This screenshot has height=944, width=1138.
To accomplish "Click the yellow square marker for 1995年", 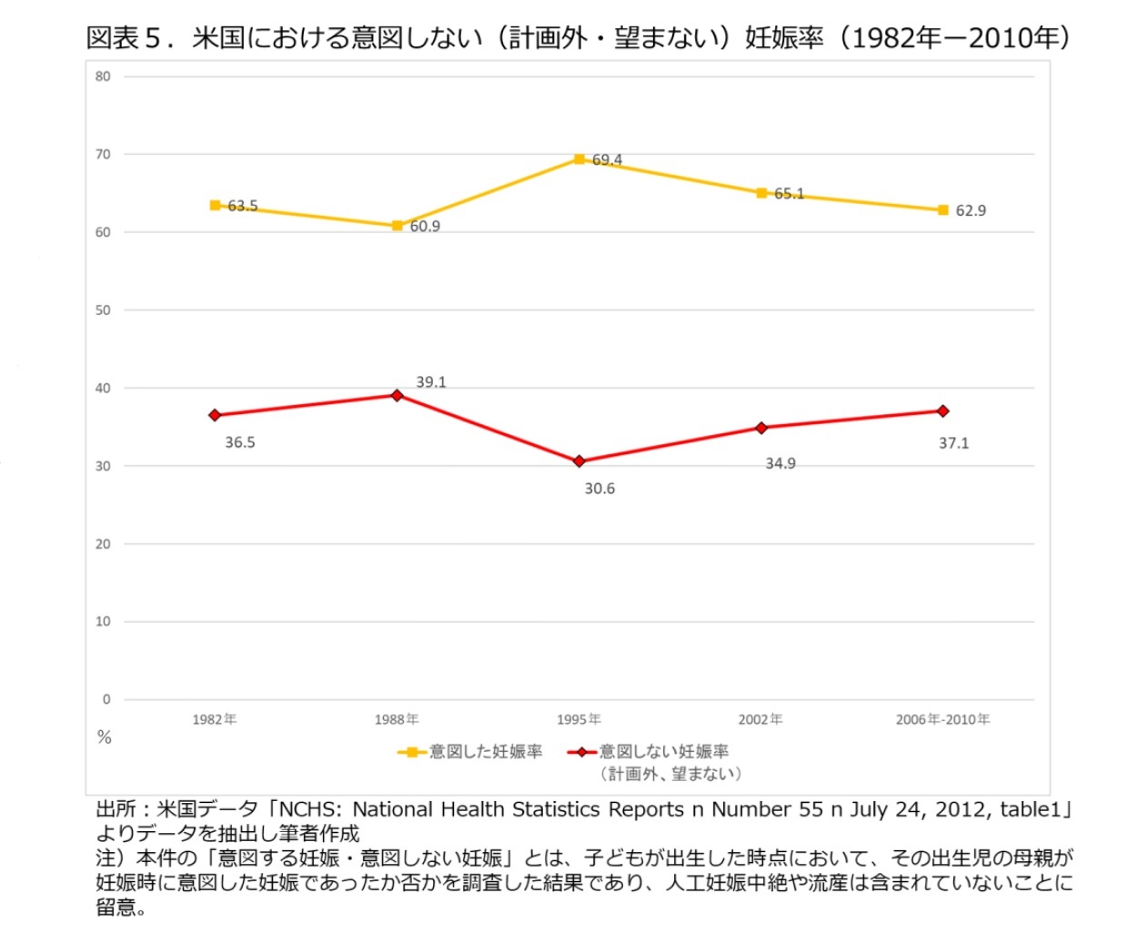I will (579, 159).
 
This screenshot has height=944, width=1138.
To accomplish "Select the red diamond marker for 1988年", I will (397, 395).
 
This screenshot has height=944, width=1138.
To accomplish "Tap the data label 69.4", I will (607, 160).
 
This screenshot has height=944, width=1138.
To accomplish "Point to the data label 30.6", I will (599, 489).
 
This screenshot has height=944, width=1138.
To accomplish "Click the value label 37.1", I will (953, 443).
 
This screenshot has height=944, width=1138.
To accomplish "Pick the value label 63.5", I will (243, 207).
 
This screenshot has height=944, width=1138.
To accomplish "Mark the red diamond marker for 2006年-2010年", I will (942, 411).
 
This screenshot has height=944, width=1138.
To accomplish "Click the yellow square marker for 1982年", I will (215, 206).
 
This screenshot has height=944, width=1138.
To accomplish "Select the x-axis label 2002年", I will (760, 719).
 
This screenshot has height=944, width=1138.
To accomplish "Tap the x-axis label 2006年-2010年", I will (942, 719).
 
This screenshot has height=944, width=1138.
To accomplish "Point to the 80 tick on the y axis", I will (103, 76).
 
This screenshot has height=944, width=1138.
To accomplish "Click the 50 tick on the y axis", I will (103, 310).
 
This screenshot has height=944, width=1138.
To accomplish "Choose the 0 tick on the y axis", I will (106, 699).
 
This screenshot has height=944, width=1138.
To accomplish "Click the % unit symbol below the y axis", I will (104, 737).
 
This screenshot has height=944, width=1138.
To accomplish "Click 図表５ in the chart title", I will (123, 37).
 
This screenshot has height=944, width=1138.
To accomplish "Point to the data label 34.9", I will (780, 463).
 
